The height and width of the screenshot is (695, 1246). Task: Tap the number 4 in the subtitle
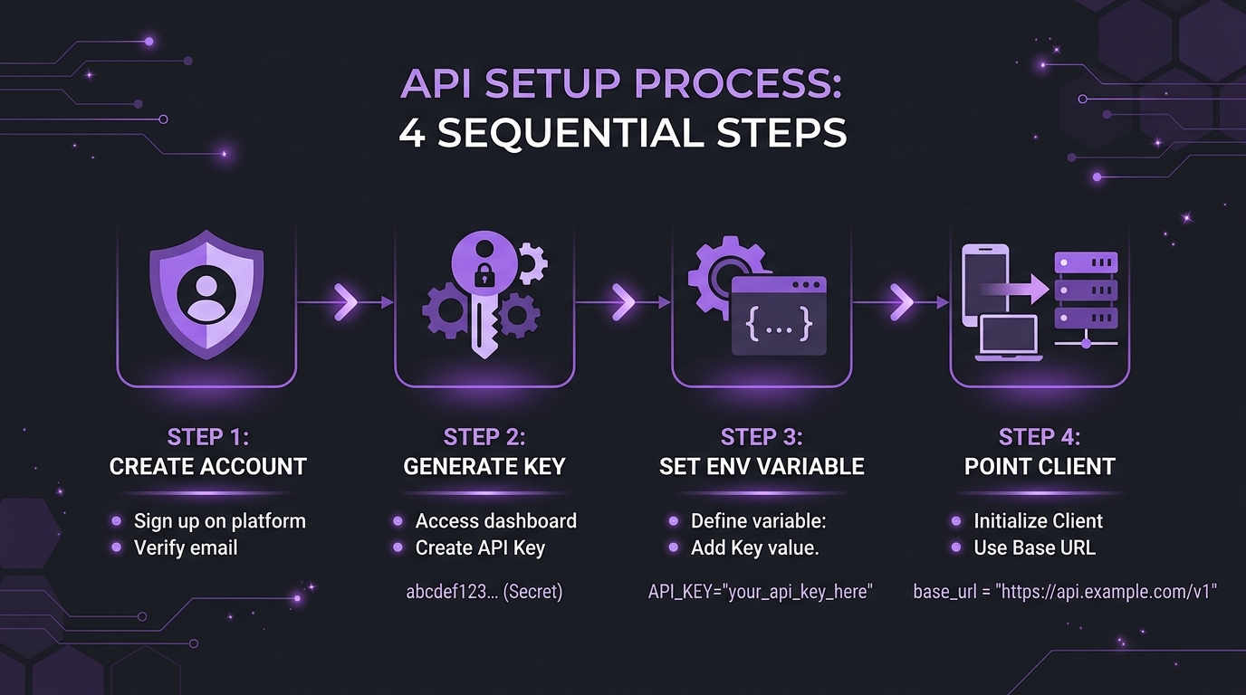(412, 133)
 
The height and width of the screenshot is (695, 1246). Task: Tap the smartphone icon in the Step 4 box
(985, 284)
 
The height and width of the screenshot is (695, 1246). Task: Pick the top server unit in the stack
(1087, 262)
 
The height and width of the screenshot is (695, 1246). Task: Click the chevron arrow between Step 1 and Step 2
(346, 302)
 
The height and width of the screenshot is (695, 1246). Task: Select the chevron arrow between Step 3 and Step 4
(901, 302)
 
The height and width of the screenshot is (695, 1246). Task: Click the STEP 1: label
(208, 437)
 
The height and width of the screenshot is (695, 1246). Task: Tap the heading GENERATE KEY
(484, 466)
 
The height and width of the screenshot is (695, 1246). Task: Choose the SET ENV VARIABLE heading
(762, 466)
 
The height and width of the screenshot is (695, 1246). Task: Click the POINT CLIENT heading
(1040, 466)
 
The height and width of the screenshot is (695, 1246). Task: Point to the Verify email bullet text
(186, 548)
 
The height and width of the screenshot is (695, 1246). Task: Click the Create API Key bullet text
(480, 548)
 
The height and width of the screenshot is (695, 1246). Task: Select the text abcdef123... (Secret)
(484, 592)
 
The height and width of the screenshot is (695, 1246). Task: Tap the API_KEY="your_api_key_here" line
(761, 592)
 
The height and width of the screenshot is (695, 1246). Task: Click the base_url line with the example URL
(1065, 592)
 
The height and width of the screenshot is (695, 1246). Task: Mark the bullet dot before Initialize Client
(956, 521)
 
